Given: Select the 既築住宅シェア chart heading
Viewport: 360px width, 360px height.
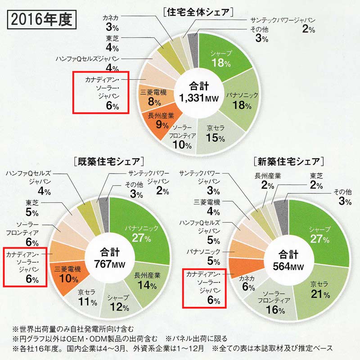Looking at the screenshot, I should [x=108, y=161].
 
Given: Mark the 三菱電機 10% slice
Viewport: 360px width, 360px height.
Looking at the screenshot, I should [x=67, y=274].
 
